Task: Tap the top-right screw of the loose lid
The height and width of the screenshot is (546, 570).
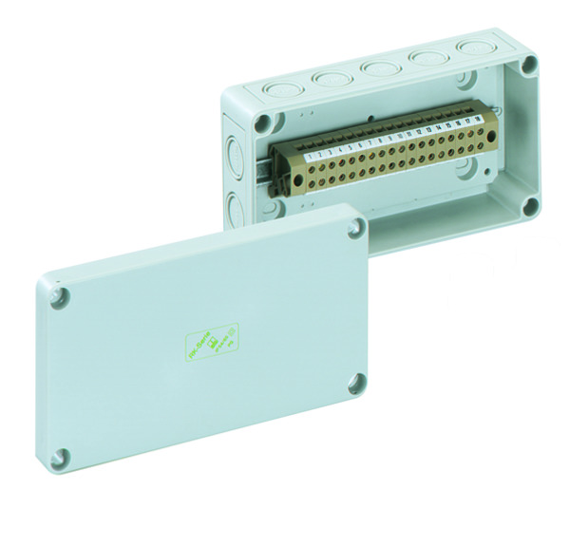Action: point(355,227)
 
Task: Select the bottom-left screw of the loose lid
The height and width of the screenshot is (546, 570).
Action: point(61,458)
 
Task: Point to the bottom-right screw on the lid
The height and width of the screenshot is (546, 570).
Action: point(356,385)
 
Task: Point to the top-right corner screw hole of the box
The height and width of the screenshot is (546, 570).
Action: point(529,66)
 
